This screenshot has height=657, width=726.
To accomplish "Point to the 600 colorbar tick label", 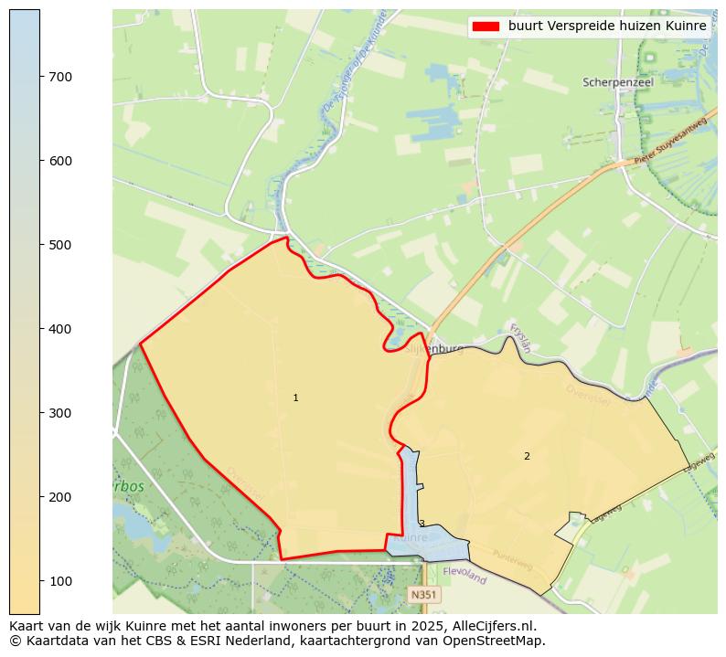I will pos(60,161).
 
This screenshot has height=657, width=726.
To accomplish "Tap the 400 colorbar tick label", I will pos(60,329).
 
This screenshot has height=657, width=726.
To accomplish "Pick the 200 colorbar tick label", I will pos(60,497).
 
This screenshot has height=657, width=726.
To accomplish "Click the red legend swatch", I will pos(486,26).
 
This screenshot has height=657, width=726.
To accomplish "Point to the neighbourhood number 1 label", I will pos(295,398).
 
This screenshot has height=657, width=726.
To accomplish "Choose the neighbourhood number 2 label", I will pos(527,456).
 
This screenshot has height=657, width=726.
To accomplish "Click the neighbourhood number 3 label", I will pos(422,524).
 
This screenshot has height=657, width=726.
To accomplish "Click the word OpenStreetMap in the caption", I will pos(501,641).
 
